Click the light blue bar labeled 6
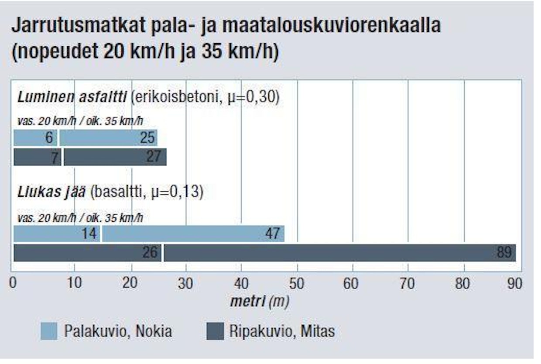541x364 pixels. [35, 138]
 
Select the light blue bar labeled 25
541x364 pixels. [108, 138]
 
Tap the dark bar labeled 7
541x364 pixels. [38, 157]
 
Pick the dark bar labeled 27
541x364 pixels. [115, 157]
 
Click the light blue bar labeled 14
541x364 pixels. [57, 234]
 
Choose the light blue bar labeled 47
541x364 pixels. [193, 234]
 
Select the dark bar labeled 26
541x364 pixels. [87, 253]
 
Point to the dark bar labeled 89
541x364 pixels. [339, 253]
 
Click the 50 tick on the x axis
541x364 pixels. [297, 284]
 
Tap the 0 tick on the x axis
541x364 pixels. [14, 284]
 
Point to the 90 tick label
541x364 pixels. [515, 284]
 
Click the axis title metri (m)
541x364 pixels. [260, 301]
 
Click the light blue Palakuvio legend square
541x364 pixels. [49, 331]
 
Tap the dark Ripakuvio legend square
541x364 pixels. [215, 331]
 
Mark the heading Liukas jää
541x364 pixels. [51, 192]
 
